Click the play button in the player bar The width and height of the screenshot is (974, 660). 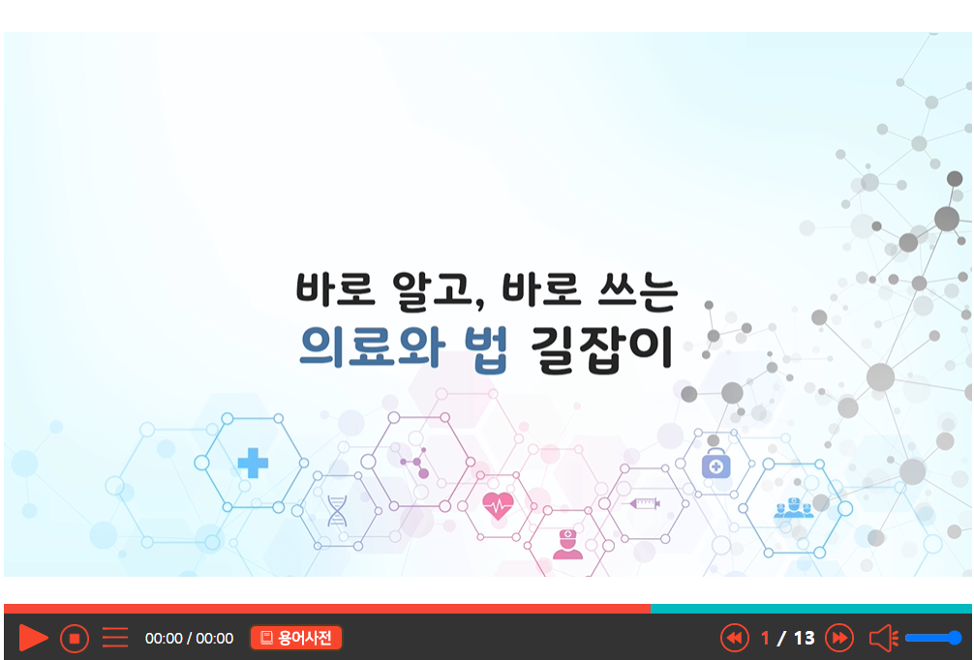(x=32, y=638)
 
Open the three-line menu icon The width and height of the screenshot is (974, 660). (x=115, y=638)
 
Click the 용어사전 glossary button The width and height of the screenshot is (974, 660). (x=296, y=638)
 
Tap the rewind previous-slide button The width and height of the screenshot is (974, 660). (x=734, y=638)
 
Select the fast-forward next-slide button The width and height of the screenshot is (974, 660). (x=839, y=638)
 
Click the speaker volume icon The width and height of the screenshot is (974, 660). (x=883, y=638)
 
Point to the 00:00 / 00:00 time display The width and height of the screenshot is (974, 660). (x=189, y=639)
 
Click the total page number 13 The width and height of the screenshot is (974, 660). (x=804, y=639)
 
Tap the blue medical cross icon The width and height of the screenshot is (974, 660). (x=253, y=463)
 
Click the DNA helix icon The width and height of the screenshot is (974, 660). (x=337, y=510)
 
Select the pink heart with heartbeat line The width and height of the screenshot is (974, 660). (x=499, y=505)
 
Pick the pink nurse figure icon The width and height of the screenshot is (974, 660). (x=567, y=545)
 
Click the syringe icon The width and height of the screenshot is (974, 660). (x=644, y=503)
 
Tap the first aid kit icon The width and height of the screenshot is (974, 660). (x=715, y=464)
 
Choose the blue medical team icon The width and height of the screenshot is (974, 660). (x=793, y=508)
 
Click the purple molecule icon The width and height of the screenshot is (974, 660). (x=415, y=463)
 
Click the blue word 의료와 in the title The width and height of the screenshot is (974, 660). (x=372, y=346)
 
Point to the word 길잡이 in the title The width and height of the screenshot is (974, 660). (x=602, y=348)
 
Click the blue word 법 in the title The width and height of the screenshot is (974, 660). (x=487, y=348)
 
